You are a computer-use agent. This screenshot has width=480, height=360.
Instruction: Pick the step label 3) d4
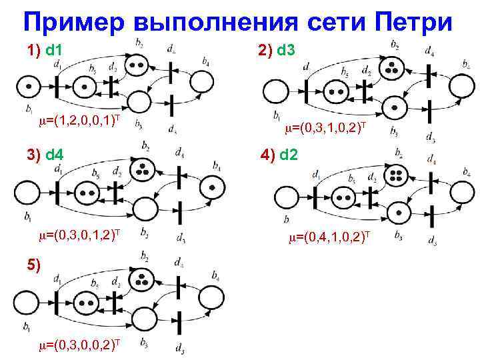(x=45, y=155)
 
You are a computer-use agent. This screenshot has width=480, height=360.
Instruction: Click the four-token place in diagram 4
(x=396, y=176)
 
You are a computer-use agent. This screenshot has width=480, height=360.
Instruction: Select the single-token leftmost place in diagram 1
(x=27, y=86)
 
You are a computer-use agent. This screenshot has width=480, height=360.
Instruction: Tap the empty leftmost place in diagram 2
(x=276, y=91)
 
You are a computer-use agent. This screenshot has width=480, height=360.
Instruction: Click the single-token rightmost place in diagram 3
(x=211, y=187)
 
